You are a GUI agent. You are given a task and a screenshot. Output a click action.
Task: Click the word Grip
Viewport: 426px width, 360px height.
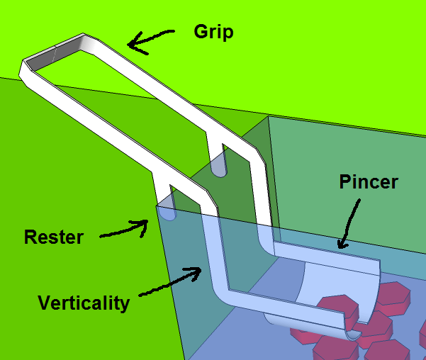tap(213, 32)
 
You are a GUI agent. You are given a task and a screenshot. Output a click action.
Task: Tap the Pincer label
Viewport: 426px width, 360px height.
tap(367, 182)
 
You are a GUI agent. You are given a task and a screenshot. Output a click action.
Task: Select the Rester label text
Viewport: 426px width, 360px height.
tap(53, 237)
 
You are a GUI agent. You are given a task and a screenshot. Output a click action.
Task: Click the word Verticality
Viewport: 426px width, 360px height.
tap(84, 304)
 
